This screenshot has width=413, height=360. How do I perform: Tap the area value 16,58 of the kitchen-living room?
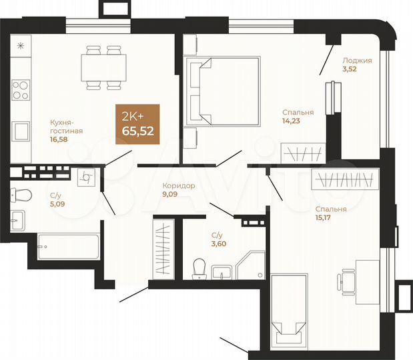pos(59,140)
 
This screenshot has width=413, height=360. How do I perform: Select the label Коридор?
pos(179,186)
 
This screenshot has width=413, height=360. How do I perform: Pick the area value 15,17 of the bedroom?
pos(326,217)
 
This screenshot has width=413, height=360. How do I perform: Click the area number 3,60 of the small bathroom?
pos(217,244)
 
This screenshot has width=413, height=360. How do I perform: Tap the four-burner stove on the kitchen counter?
pos(21,89)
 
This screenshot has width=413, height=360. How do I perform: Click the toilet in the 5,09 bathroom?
pos(21,195)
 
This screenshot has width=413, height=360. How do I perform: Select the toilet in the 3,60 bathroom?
pos(197,269)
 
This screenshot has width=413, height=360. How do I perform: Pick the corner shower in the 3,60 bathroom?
pos(252,265)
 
